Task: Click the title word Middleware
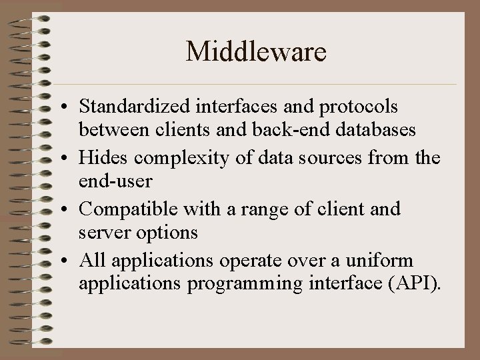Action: click(x=256, y=51)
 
